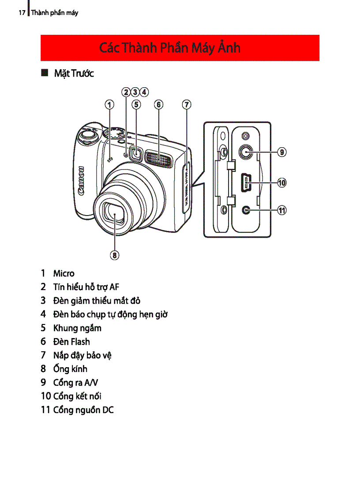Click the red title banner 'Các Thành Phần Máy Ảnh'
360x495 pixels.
click(180, 48)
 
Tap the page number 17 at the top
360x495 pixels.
click(22, 13)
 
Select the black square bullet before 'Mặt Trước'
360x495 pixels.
click(44, 73)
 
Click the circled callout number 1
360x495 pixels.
click(109, 104)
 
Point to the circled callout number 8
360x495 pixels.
click(115, 255)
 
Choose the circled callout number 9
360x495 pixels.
click(281, 153)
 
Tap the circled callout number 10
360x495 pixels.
click(281, 182)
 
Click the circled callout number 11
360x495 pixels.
click(281, 211)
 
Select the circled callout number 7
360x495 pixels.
click(187, 104)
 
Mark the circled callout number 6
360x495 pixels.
click(159, 104)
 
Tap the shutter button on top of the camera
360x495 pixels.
click(88, 132)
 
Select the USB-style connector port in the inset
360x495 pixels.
click(246, 182)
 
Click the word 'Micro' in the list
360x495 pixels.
click(64, 274)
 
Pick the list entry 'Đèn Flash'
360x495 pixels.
click(71, 342)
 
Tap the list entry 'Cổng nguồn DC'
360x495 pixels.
click(83, 410)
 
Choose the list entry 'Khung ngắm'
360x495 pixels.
click(77, 328)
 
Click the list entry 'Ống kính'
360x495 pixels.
click(70, 369)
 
